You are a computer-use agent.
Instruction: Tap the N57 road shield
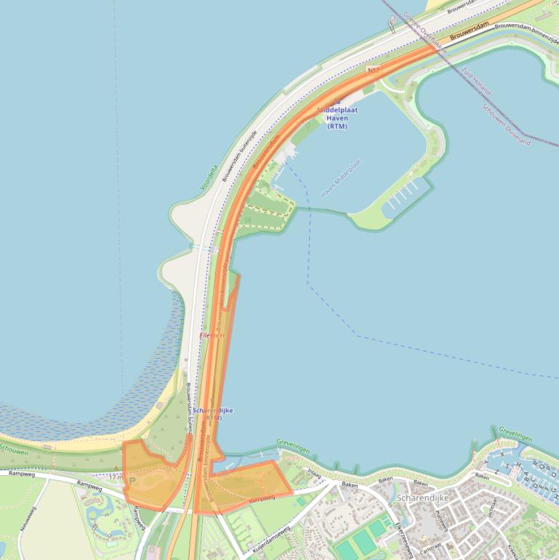374,71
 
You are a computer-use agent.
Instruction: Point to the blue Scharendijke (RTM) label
213,414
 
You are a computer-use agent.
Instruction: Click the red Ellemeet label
212,335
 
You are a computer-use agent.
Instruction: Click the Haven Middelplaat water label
341,179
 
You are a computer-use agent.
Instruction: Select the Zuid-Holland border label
477,82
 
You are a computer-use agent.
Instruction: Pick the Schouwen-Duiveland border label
507,124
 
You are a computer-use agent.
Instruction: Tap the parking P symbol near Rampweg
132,481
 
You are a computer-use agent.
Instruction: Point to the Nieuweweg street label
28,518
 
